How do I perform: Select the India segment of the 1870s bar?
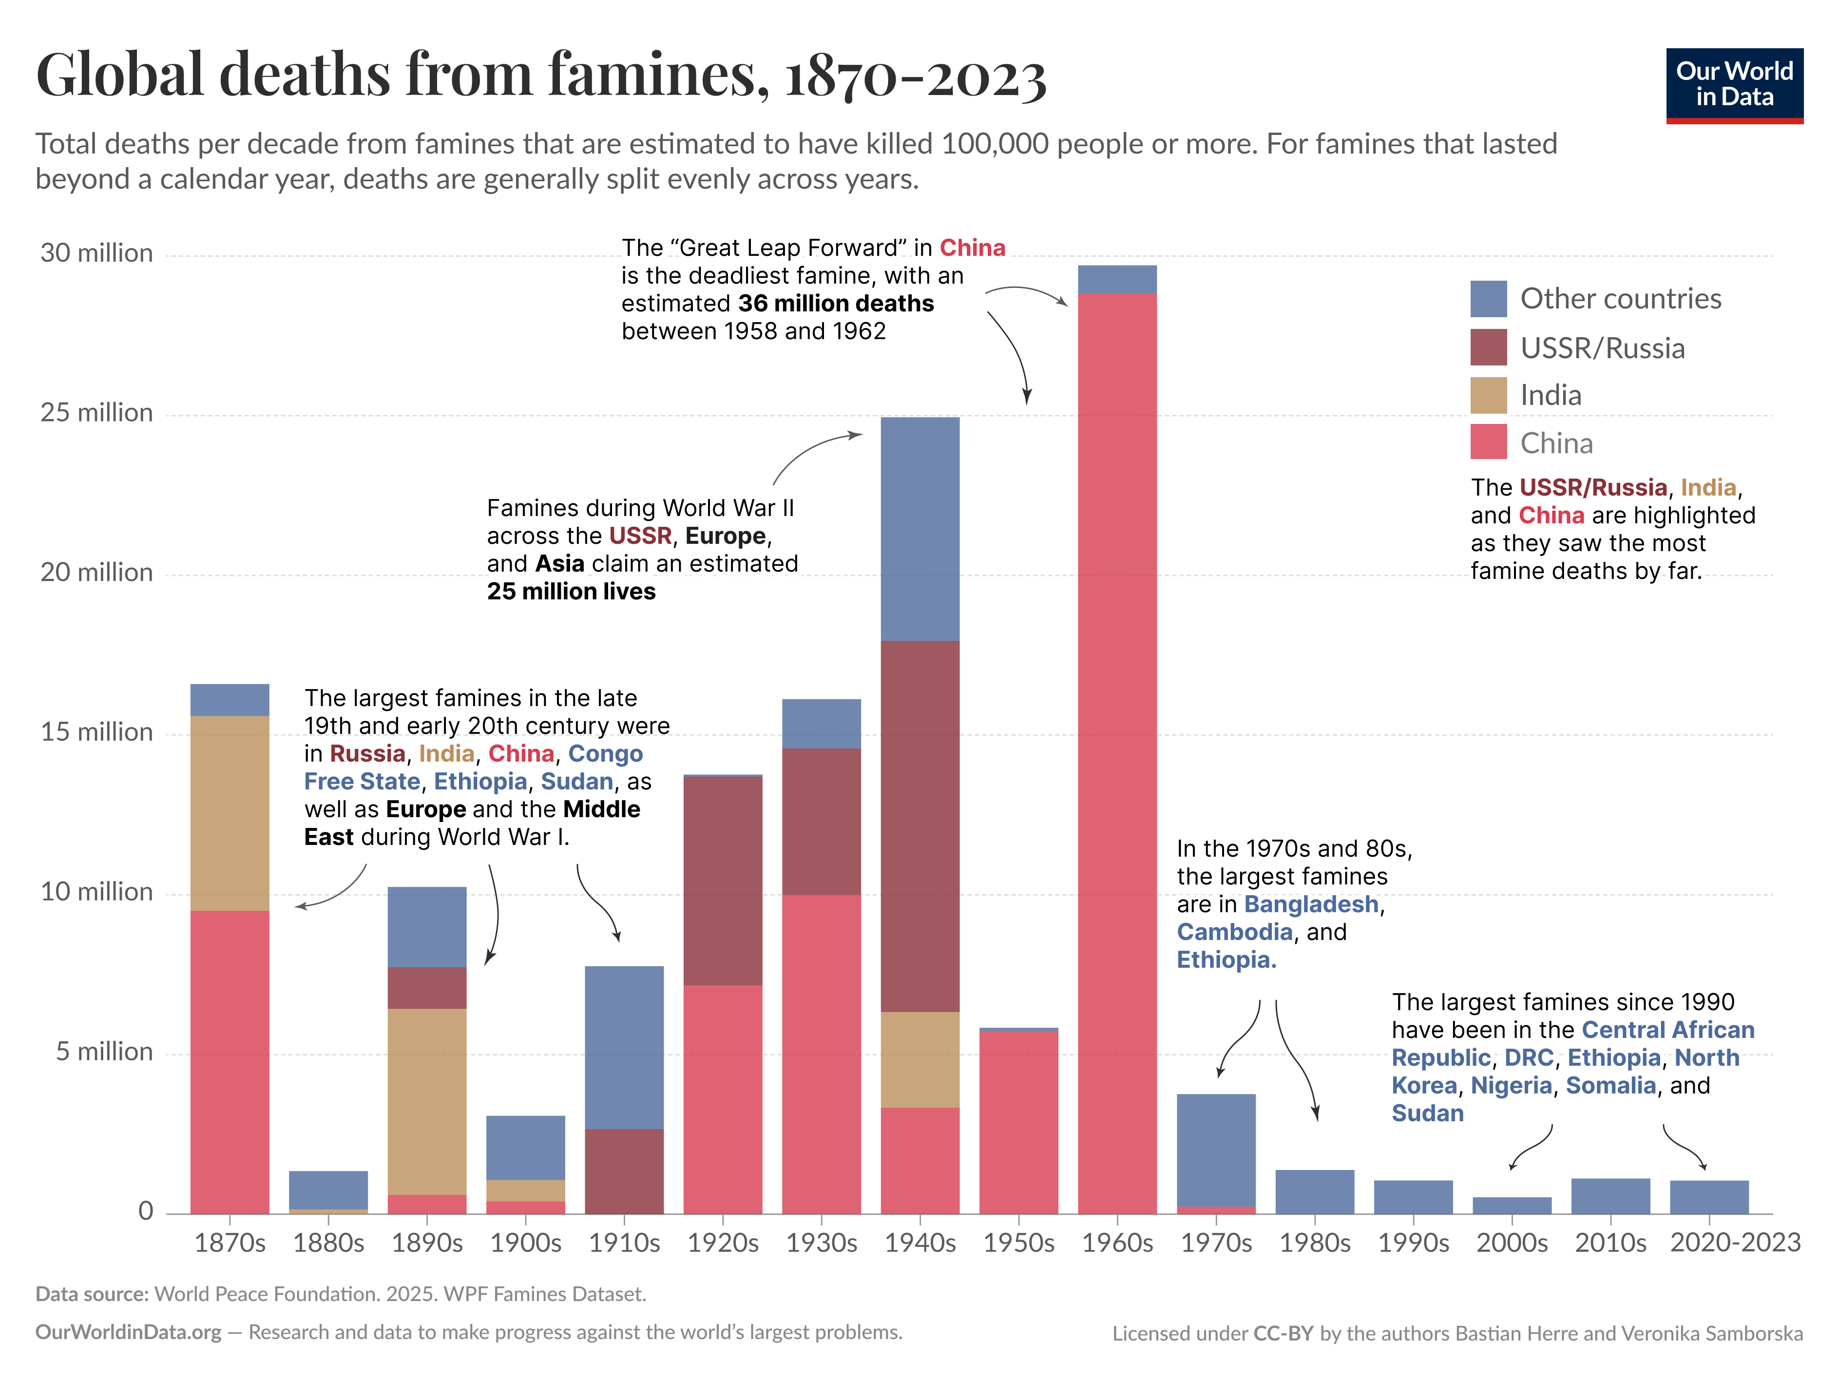point(230,812)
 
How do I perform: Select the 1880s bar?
point(328,1190)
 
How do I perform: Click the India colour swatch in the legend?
point(1488,395)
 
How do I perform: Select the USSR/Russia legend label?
point(1602,347)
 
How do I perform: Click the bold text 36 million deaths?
point(836,304)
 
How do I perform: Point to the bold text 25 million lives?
point(571,591)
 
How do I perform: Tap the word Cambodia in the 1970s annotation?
point(1234,932)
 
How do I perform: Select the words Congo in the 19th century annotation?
point(605,753)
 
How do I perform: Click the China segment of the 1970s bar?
point(1215,1209)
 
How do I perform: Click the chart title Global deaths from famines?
point(540,75)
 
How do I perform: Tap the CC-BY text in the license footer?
point(1283,1333)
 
